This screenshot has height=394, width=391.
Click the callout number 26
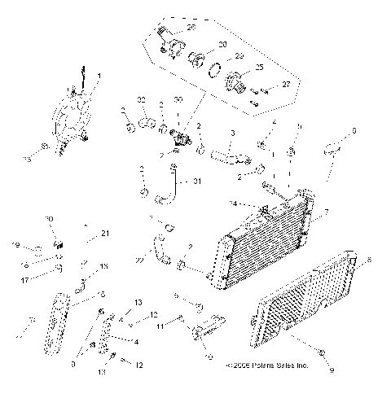pyautogui.click(x=191, y=27)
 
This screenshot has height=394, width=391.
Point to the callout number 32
pyautogui.click(x=141, y=100)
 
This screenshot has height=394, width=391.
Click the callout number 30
pyautogui.click(x=178, y=100)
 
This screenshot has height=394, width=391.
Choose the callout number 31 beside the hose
pyautogui.click(x=195, y=182)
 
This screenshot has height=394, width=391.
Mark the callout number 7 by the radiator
pyautogui.click(x=326, y=212)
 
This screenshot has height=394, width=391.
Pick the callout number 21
pyautogui.click(x=104, y=234)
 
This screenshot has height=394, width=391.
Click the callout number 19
pyautogui.click(x=15, y=244)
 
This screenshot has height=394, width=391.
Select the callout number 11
pyautogui.click(x=160, y=326)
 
